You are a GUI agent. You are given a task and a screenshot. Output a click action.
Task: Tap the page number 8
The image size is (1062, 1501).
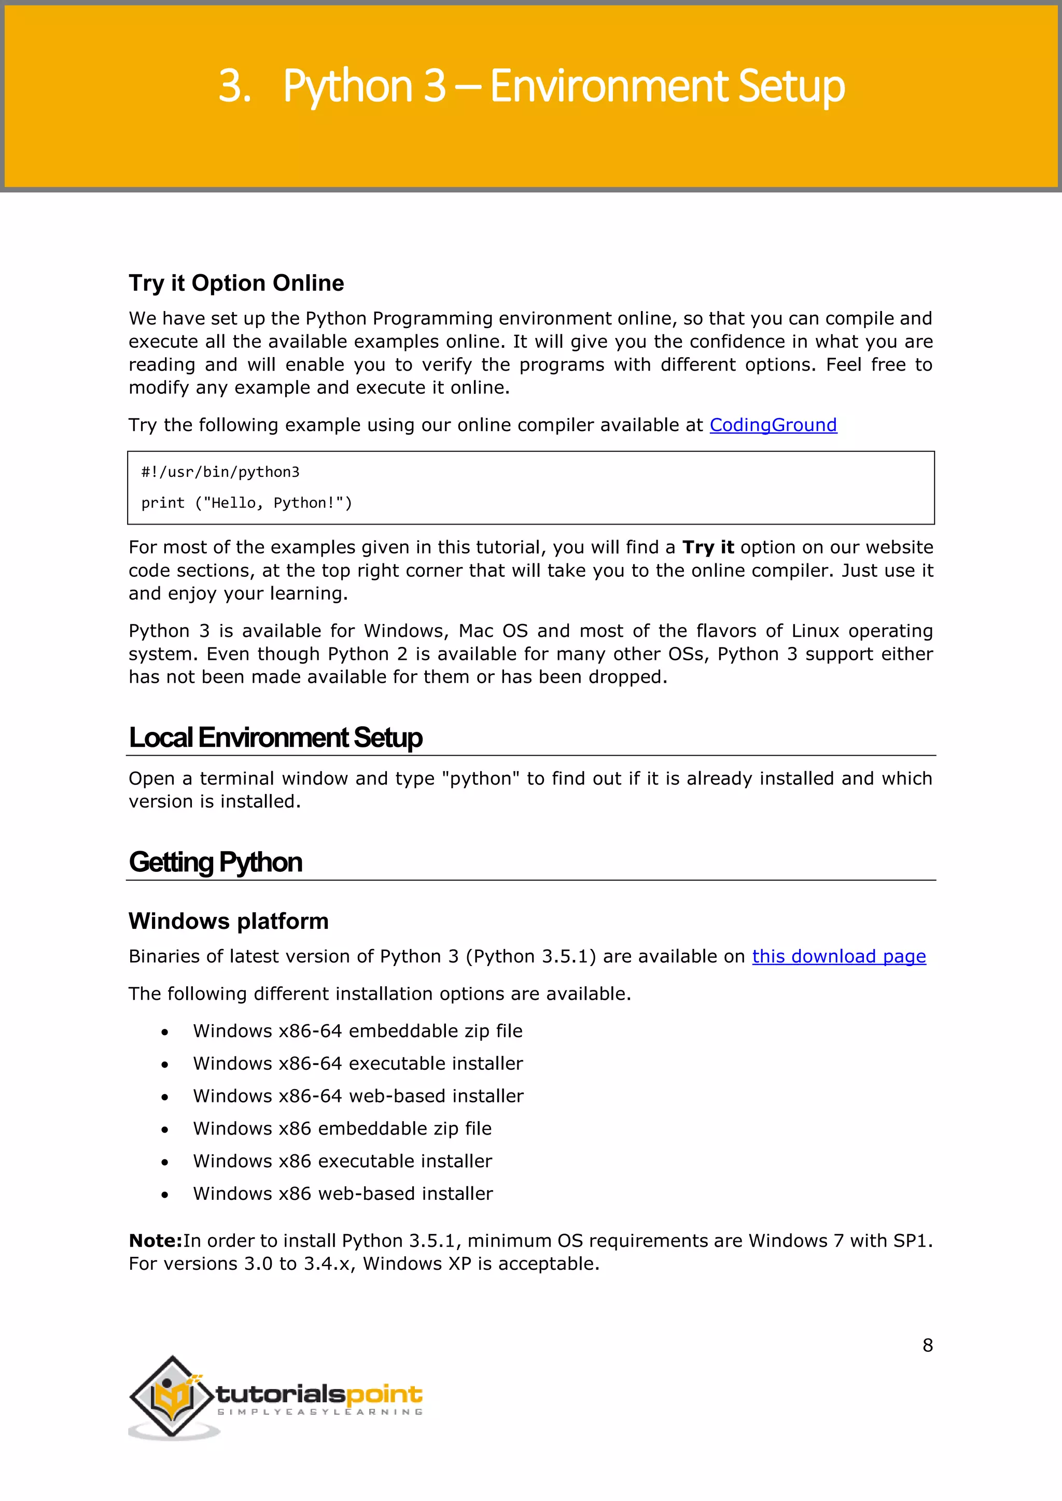click(927, 1345)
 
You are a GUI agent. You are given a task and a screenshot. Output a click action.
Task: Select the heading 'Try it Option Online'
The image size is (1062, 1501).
click(236, 283)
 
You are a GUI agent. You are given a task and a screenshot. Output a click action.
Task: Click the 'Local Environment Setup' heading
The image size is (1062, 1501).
click(275, 738)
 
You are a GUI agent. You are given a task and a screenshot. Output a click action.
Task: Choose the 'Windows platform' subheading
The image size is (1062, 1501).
click(228, 921)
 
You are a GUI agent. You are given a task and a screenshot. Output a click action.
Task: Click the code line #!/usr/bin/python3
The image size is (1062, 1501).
click(220, 472)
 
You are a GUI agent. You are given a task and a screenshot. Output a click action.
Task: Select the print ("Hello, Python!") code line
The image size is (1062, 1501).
click(246, 503)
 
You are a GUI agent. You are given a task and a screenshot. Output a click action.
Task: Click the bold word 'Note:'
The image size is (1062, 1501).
click(155, 1241)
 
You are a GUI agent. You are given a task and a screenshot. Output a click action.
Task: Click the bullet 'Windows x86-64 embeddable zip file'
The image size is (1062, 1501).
click(357, 1031)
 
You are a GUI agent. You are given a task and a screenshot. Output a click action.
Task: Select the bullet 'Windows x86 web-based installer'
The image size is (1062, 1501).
click(343, 1194)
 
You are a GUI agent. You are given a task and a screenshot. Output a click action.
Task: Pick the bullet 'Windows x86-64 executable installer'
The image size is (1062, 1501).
click(358, 1064)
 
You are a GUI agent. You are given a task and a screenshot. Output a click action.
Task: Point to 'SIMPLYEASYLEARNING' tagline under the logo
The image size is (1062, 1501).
click(320, 1412)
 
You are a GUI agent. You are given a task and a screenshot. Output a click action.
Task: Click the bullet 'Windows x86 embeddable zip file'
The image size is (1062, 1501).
click(342, 1128)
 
